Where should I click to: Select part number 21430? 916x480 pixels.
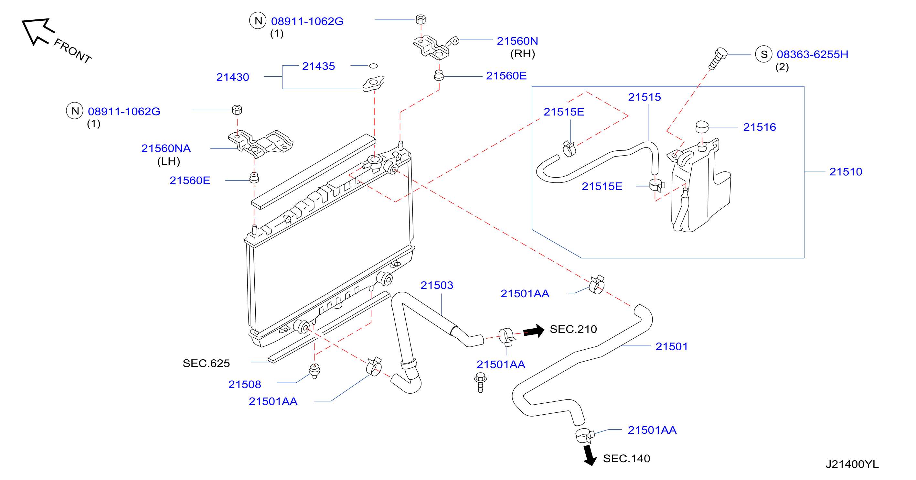coord(233,77)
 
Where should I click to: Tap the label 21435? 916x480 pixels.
coord(318,66)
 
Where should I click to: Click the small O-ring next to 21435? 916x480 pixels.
coord(373,66)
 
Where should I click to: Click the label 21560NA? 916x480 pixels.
coord(166,148)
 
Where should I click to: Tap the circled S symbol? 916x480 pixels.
coord(764,54)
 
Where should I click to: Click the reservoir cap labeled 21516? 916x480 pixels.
coord(702,127)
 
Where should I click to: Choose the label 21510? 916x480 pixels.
coord(846,171)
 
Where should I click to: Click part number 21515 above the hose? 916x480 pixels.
coord(644,97)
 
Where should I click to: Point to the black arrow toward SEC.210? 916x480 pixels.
coord(534,331)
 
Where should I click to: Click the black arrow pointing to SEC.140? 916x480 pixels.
coord(590,455)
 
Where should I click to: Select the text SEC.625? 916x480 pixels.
coord(206,363)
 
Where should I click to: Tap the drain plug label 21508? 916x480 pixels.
coord(245,384)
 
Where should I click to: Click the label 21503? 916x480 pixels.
coord(437,285)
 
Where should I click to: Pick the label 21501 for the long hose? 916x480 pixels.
coord(671,346)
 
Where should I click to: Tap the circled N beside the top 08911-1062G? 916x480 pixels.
coord(258,21)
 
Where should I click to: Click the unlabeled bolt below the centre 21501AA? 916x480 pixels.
coord(480,383)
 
